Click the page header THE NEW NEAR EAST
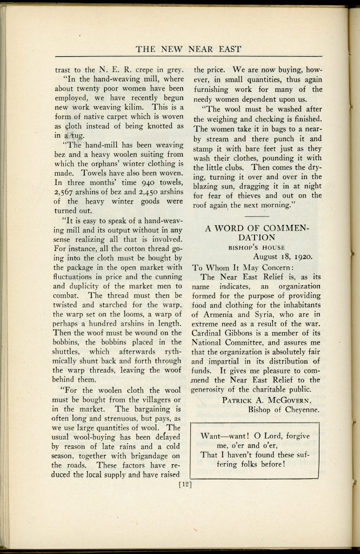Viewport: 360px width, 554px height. (x=188, y=49)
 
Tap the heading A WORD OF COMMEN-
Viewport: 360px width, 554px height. (x=257, y=228)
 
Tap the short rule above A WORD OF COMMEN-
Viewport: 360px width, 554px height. (x=257, y=216)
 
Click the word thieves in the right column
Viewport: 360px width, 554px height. (x=256, y=195)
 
